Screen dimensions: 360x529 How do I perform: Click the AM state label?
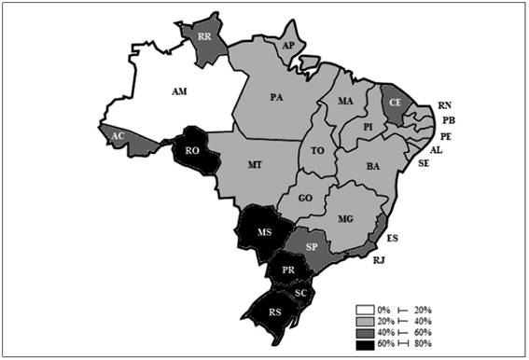click(183, 91)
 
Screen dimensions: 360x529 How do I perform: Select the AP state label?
click(288, 44)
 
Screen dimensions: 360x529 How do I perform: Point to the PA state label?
click(277, 97)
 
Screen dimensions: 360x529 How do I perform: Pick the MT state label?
click(255, 164)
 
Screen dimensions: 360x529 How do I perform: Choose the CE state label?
click(395, 100)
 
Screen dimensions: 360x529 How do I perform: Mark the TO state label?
click(318, 149)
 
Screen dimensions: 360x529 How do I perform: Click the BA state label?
click(373, 166)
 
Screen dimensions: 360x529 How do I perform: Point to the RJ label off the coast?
click(379, 260)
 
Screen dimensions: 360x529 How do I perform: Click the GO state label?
click(305, 199)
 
